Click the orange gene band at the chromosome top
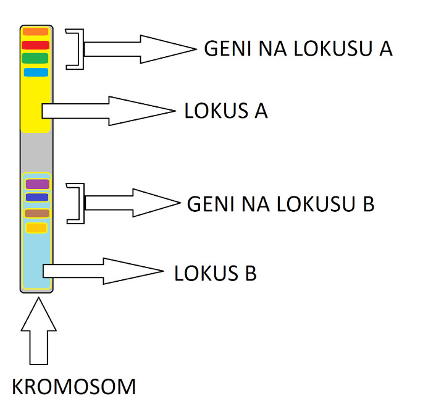(x=35, y=32)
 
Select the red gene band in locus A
(x=35, y=44)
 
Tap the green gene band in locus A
(x=35, y=58)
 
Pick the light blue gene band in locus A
(x=36, y=72)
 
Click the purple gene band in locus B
(x=37, y=184)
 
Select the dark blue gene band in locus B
(x=37, y=198)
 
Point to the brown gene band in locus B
(x=37, y=213)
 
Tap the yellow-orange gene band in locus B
(x=36, y=228)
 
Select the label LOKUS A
(x=226, y=111)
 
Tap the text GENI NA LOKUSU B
(x=280, y=204)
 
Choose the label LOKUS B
(x=216, y=272)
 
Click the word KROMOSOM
(x=74, y=387)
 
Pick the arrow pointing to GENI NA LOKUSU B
(x=133, y=203)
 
